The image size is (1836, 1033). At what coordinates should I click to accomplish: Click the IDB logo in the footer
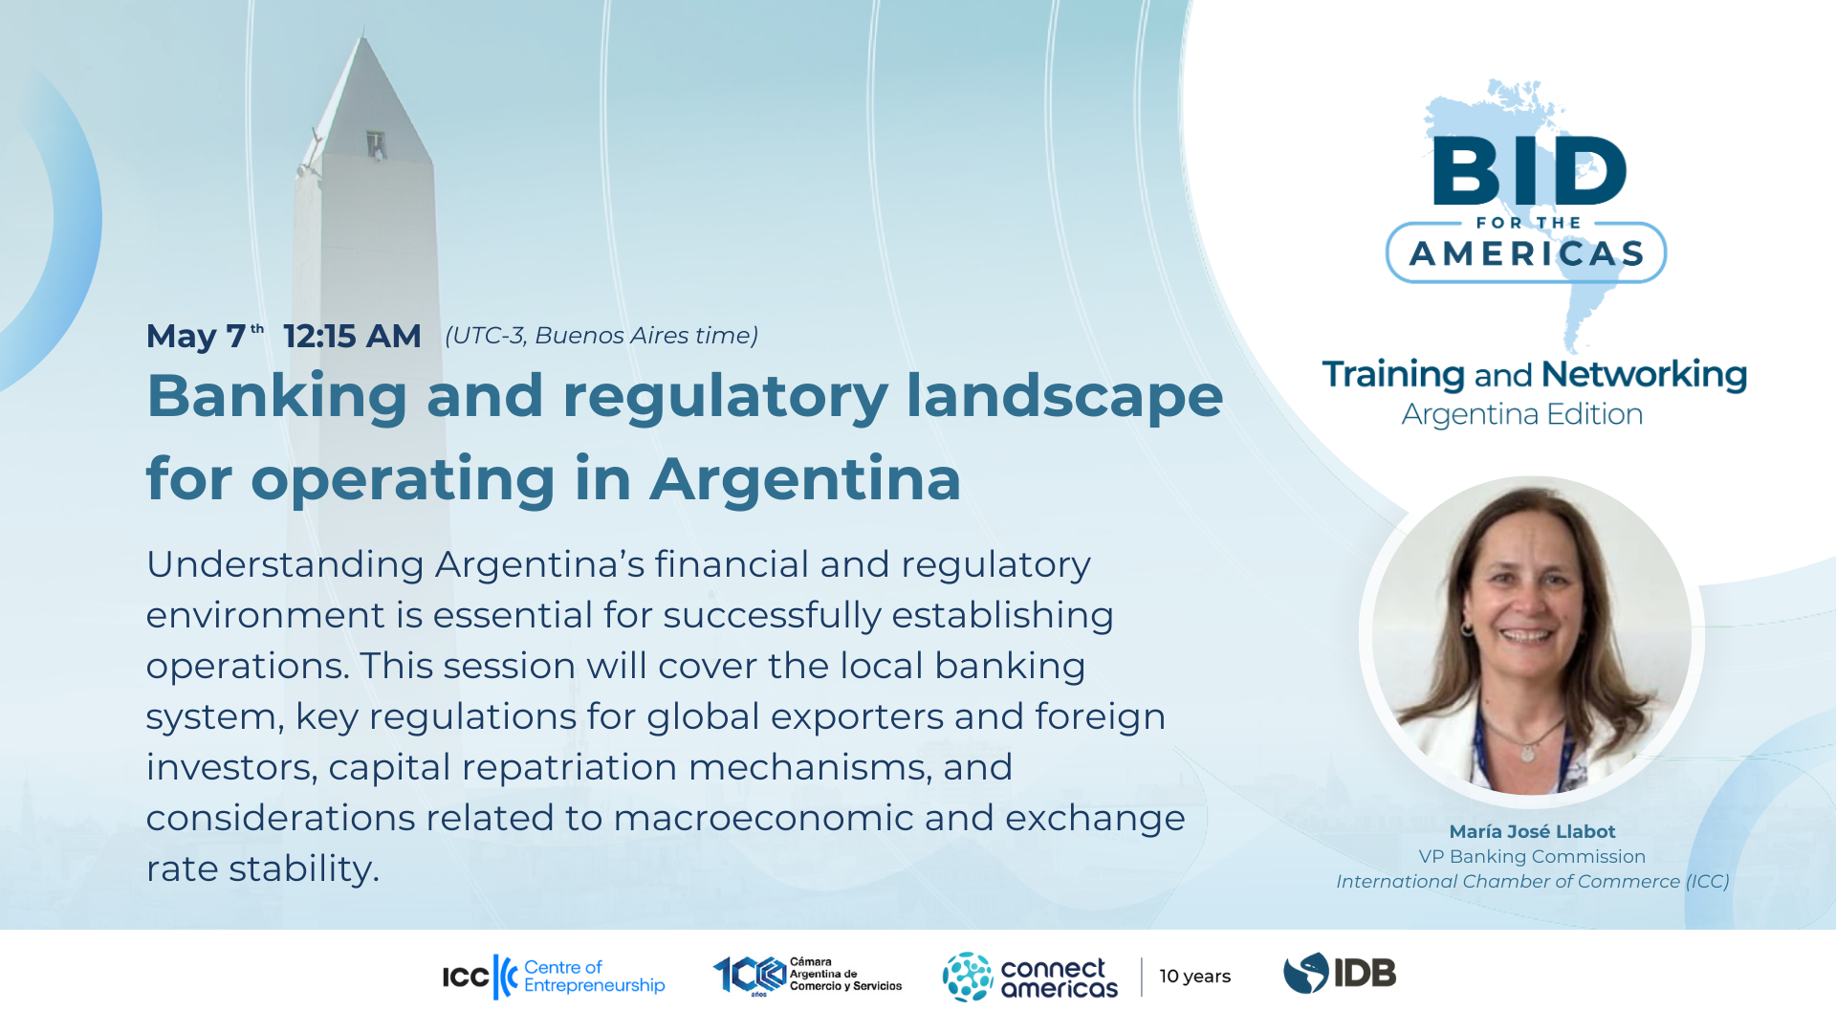point(1340,974)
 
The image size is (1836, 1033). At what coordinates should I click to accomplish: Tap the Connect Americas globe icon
point(968,977)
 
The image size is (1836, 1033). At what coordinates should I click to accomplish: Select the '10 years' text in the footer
point(1195,977)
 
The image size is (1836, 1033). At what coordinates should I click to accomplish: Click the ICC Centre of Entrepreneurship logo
point(554,977)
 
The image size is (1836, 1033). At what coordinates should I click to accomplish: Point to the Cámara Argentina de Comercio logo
point(807,976)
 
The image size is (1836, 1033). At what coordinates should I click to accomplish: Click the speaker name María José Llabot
point(1532,832)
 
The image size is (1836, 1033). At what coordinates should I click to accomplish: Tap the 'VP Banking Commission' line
point(1532,857)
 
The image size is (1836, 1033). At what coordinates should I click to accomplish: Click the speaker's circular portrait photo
point(1532,637)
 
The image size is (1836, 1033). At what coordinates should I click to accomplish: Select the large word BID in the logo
point(1529,170)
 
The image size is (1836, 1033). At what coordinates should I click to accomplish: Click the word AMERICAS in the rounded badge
point(1527,253)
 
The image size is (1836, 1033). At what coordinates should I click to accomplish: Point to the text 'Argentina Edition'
point(1522,414)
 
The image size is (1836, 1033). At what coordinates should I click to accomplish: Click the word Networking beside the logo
point(1644,375)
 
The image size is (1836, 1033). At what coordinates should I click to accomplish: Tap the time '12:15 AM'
point(352,337)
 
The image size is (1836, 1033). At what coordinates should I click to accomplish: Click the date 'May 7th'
point(205,337)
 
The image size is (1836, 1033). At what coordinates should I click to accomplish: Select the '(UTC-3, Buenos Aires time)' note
point(601,336)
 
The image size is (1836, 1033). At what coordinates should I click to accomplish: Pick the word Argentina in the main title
point(806,479)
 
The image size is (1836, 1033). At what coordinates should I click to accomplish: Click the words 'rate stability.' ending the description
point(263,868)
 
